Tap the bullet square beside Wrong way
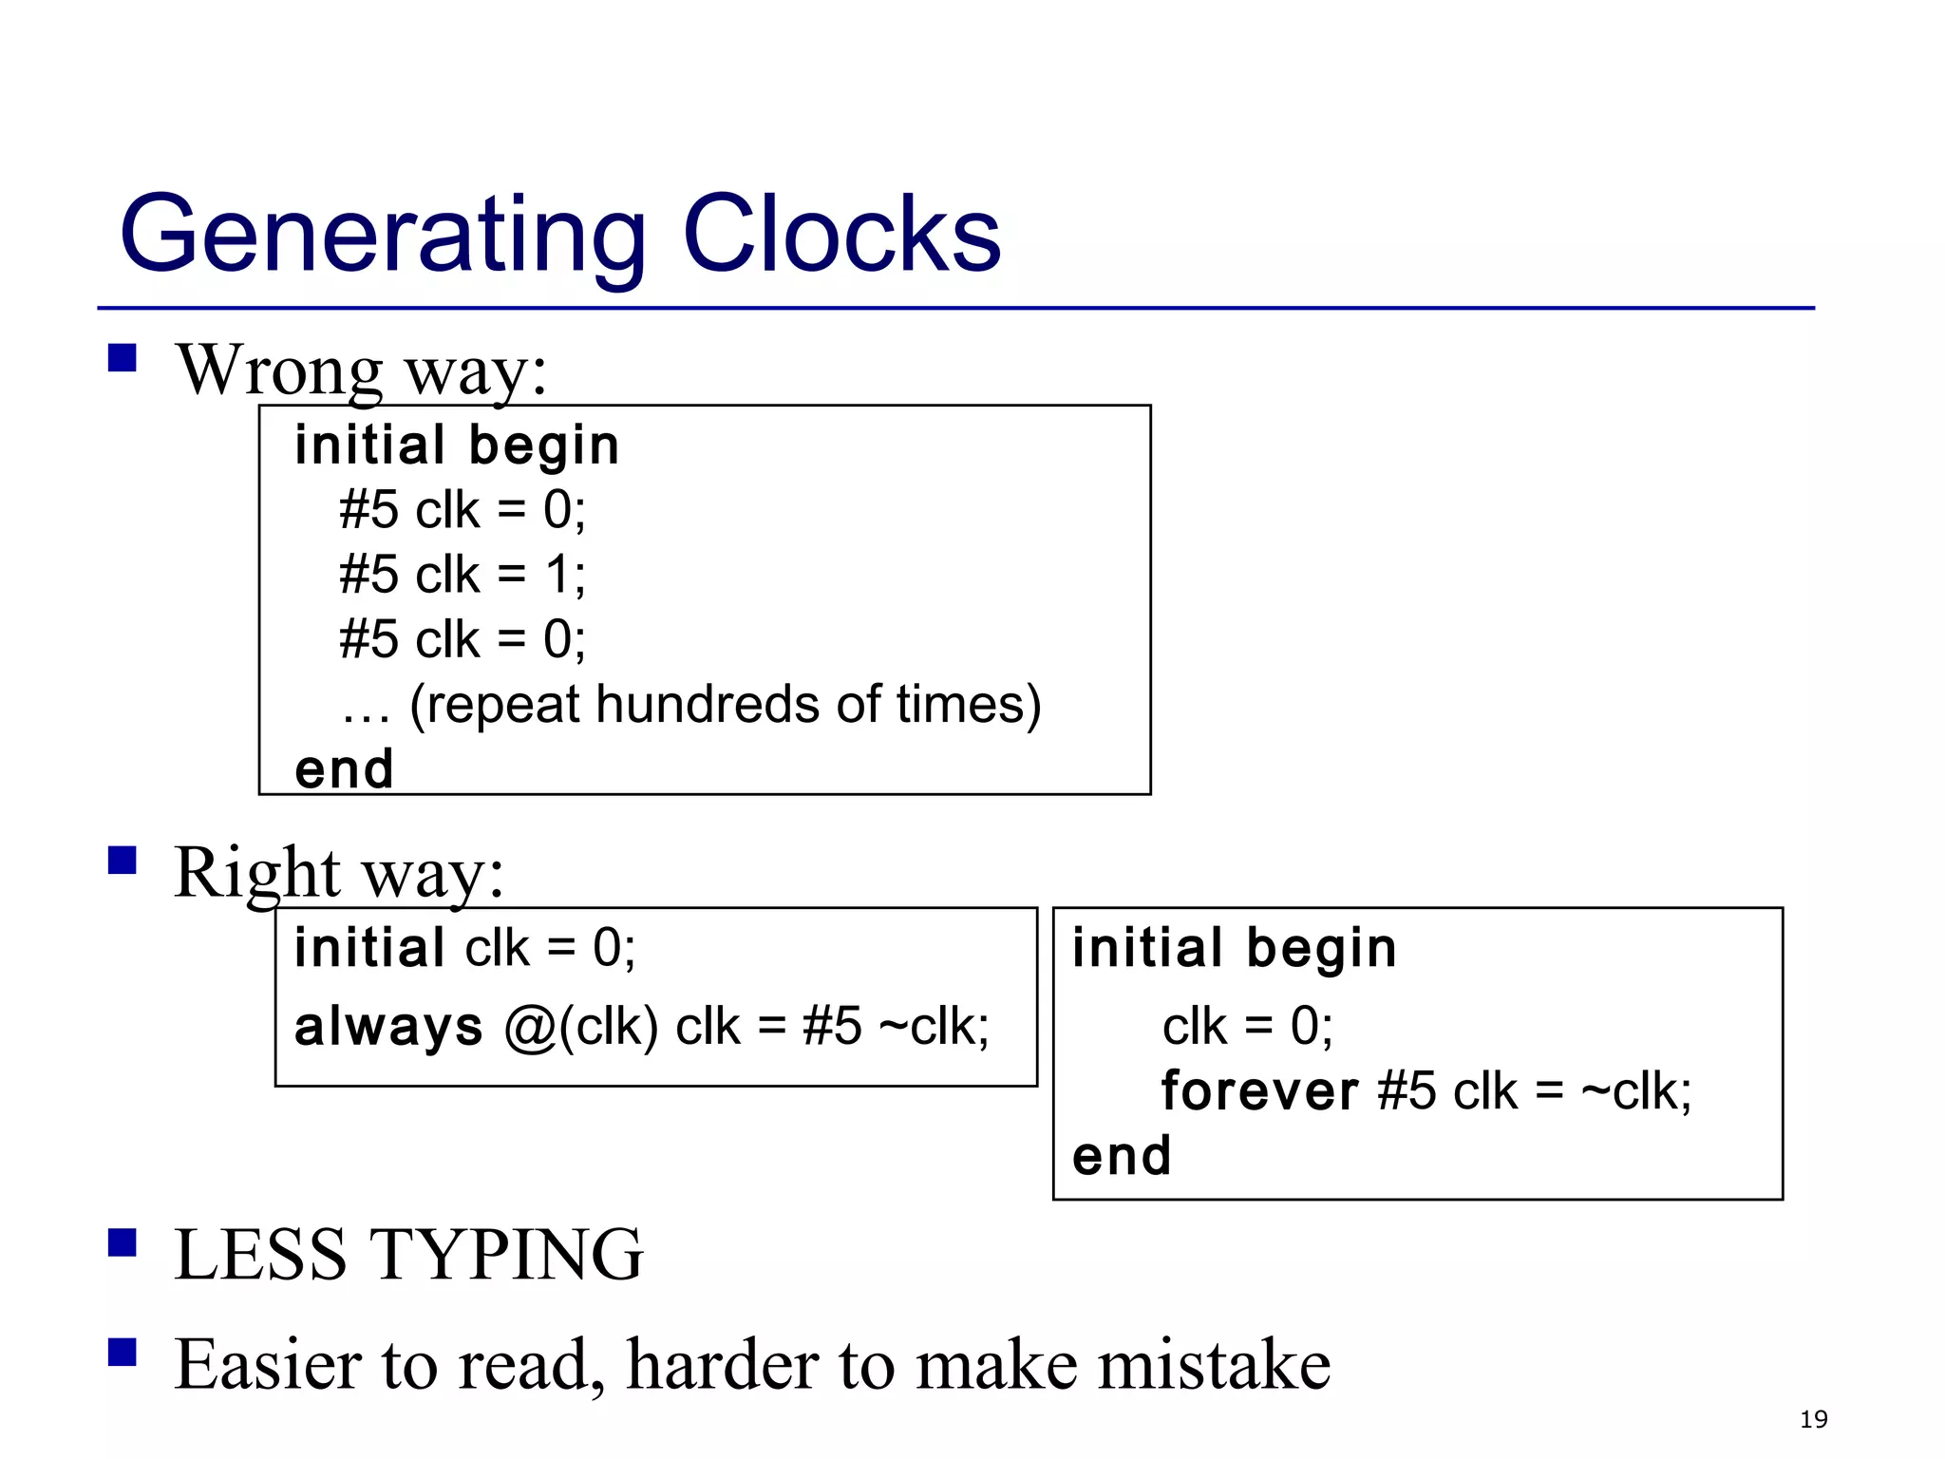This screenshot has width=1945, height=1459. (x=123, y=358)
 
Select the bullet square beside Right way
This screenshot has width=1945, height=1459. (x=123, y=860)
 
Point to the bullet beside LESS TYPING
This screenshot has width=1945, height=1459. (x=123, y=1242)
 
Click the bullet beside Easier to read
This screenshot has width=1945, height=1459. (x=123, y=1352)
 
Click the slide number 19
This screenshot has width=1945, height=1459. (x=1813, y=1419)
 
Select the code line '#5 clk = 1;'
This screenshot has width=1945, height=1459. (x=463, y=575)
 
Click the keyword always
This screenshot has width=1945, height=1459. (x=388, y=1028)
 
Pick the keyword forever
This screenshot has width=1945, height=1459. (x=1259, y=1090)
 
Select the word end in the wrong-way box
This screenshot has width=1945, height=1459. (x=344, y=768)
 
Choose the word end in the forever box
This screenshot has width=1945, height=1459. (x=1121, y=1156)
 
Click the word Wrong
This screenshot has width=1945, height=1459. (x=279, y=369)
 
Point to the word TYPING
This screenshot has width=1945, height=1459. (x=505, y=1255)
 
